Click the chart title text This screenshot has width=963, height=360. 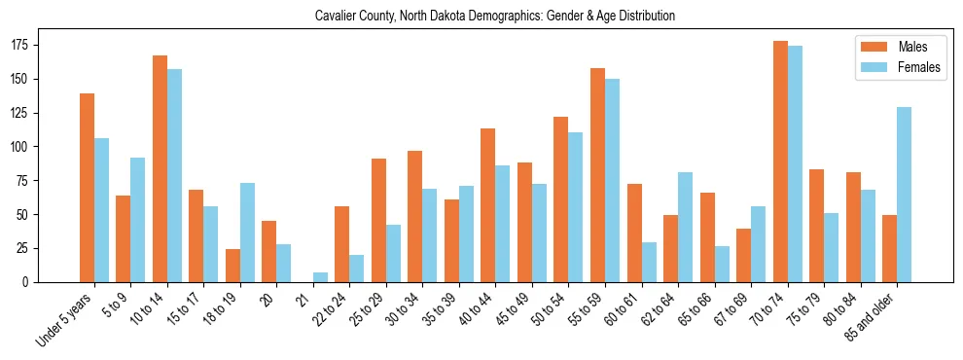[495, 17]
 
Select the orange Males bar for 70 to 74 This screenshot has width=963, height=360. [780, 162]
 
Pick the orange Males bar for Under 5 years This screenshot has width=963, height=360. [87, 188]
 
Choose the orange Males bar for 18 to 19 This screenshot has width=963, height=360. [232, 266]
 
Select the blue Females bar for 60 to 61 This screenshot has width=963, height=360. [649, 262]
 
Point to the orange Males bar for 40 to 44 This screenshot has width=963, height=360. [488, 205]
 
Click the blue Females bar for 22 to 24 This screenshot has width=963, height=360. [357, 269]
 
